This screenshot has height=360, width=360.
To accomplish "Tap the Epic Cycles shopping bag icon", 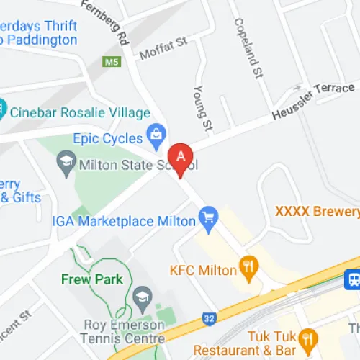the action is [155, 133].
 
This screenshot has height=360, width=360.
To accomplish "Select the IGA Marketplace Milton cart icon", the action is [209, 215].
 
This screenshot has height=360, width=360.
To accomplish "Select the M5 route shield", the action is [112, 63].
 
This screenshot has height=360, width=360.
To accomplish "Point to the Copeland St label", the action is [245, 47].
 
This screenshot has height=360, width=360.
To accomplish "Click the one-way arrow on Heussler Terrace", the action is [295, 89].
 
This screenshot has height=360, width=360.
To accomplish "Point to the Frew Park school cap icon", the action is [142, 295].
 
